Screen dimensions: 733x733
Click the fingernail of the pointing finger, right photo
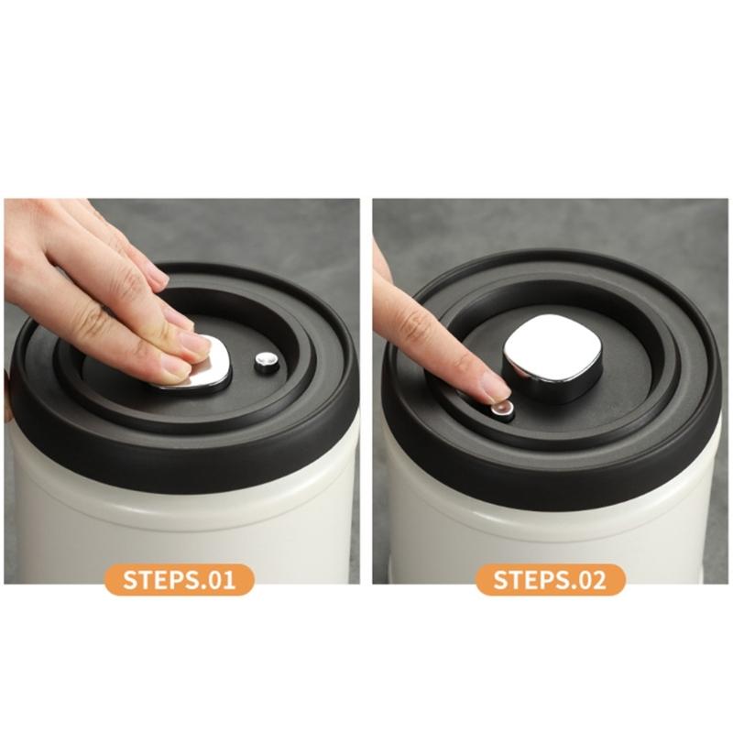[x=494, y=387]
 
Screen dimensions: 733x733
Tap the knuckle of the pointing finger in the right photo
[x=417, y=325]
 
